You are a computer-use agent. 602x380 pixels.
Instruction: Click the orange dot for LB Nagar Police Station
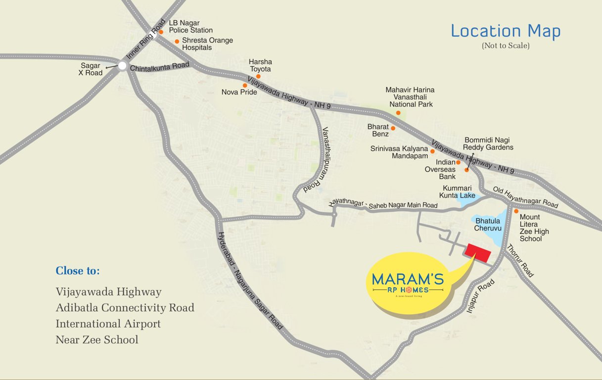pyautogui.click(x=161, y=32)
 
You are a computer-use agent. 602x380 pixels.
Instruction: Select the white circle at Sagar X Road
pyautogui.click(x=122, y=65)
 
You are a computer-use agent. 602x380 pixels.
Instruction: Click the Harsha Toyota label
pyautogui.click(x=261, y=65)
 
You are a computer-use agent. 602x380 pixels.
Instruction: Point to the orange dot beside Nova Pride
pyautogui.click(x=245, y=86)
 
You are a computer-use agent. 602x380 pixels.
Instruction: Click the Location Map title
pyautogui.click(x=506, y=31)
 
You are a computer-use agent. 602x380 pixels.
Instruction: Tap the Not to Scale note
pyautogui.click(x=506, y=46)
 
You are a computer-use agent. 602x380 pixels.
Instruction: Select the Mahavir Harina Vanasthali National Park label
pyautogui.click(x=411, y=97)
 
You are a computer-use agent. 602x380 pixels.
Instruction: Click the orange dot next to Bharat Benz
pyautogui.click(x=393, y=128)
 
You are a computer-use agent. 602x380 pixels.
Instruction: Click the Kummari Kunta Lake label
pyautogui.click(x=458, y=192)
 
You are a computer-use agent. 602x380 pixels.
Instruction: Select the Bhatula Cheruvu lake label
pyautogui.click(x=488, y=224)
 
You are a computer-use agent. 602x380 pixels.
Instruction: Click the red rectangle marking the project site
pyautogui.click(x=477, y=253)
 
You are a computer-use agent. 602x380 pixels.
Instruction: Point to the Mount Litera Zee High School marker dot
pyautogui.click(x=516, y=211)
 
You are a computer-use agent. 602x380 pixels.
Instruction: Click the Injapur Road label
pyautogui.click(x=480, y=296)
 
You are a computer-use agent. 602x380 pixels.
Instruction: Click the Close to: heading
pyautogui.click(x=78, y=271)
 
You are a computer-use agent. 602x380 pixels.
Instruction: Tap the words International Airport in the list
pyautogui.click(x=108, y=324)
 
